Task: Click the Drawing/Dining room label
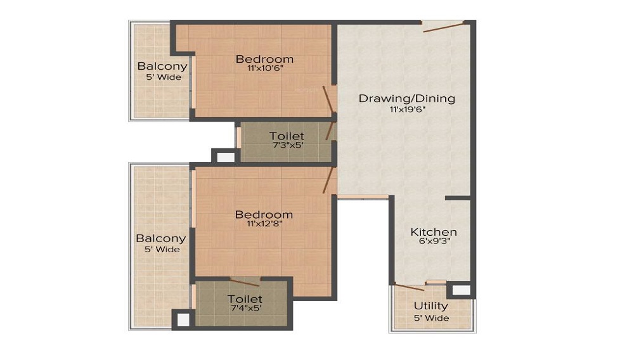[406, 98]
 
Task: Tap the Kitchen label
[433, 231]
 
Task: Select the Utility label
[430, 306]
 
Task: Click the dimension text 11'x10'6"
[264, 70]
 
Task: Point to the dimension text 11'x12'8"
[264, 224]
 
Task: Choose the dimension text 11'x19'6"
[406, 109]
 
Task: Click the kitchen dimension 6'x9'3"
[433, 241]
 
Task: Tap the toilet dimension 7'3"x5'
[286, 146]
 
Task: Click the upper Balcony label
[162, 66]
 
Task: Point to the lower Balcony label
[161, 238]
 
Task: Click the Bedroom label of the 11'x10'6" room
[264, 60]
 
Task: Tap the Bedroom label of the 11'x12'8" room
[264, 214]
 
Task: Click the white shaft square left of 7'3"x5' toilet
[223, 157]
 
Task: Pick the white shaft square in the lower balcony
[182, 319]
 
